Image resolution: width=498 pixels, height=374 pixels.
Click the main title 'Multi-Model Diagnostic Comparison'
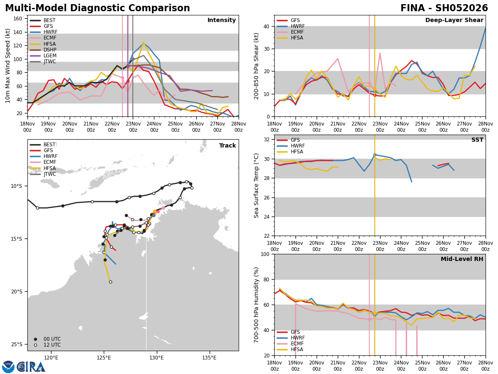(98, 8)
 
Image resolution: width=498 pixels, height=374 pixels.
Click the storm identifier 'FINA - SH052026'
(444, 8)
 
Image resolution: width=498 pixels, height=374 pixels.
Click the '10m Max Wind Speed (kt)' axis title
(8, 66)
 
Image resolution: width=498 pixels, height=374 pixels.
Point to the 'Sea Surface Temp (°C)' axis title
(256, 185)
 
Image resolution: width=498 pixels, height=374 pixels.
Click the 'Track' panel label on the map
(227, 146)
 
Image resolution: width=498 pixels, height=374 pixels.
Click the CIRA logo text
(31, 367)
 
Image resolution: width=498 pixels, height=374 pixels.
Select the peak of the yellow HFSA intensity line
(144, 42)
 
